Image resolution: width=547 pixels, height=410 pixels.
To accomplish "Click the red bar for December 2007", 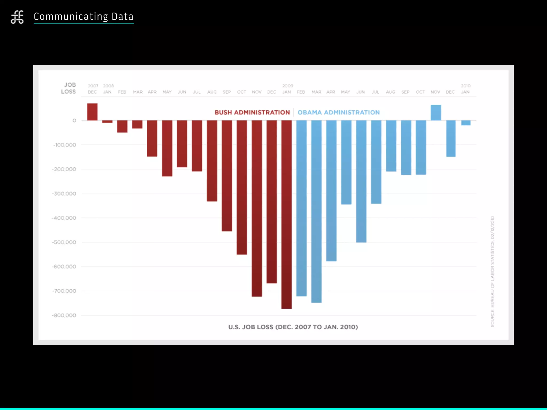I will (92, 112).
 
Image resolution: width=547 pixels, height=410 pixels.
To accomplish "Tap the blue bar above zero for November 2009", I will (436, 113).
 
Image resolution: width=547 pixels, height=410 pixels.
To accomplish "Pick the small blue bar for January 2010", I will (466, 123).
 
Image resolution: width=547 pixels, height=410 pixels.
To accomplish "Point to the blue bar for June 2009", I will (361, 181).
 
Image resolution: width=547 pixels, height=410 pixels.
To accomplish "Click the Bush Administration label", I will (252, 112).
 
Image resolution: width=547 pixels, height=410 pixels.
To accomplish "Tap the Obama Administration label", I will (338, 112).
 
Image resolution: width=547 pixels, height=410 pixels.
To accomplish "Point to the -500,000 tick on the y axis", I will (64, 242).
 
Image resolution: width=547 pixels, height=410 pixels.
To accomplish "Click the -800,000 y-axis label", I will (64, 316).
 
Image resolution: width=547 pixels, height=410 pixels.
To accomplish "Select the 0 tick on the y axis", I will (74, 121).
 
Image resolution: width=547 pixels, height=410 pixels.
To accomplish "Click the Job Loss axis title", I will (69, 88).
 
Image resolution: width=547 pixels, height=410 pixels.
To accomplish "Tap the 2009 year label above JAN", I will (288, 86).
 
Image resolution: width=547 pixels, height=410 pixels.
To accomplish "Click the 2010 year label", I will (466, 86).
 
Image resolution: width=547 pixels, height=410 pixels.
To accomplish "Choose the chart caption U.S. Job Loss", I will (293, 327).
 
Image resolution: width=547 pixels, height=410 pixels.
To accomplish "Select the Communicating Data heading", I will (84, 17).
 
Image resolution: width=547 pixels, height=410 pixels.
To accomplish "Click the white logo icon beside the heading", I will (17, 17).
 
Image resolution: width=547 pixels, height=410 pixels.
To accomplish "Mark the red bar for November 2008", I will (257, 208).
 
